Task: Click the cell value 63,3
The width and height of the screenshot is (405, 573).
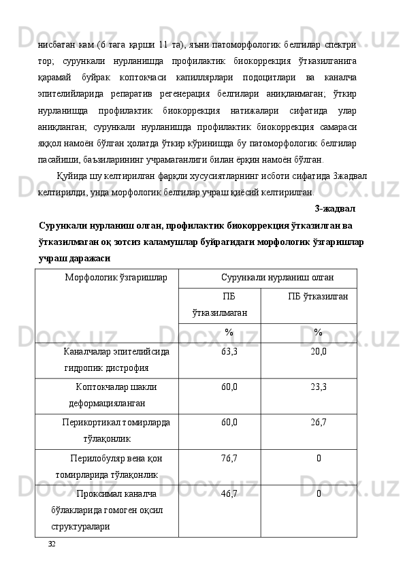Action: tap(229, 352)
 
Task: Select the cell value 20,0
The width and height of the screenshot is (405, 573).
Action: tap(318, 352)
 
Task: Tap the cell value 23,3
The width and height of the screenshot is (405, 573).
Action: tap(318, 387)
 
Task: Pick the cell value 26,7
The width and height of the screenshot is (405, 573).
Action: tap(318, 423)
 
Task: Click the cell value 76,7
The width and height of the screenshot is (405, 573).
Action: tap(229, 458)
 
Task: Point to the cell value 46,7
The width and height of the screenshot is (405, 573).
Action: tap(229, 493)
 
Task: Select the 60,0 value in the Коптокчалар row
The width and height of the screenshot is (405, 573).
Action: tap(229, 387)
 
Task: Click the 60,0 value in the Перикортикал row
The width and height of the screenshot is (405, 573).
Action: tap(229, 423)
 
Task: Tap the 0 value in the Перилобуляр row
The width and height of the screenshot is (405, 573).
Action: tap(318, 458)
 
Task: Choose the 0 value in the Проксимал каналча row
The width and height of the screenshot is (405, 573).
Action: tap(318, 493)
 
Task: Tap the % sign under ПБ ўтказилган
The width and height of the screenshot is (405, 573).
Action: tap(318, 332)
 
